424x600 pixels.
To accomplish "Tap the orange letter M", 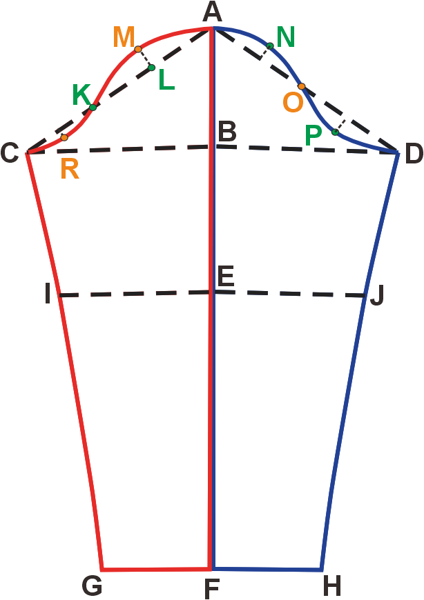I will point(124,37).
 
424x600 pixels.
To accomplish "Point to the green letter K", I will point(82,95).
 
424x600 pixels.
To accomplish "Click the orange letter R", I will point(70,169).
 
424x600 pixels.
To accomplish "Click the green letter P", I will point(314,136).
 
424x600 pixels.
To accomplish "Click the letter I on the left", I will point(47,297).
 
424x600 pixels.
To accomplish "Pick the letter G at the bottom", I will point(92,586).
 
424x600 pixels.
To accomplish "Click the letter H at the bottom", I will point(331,587).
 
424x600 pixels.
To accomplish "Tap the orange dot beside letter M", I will point(138,49).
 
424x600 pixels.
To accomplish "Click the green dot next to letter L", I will point(152,67).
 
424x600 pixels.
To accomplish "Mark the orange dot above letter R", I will point(64,138).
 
